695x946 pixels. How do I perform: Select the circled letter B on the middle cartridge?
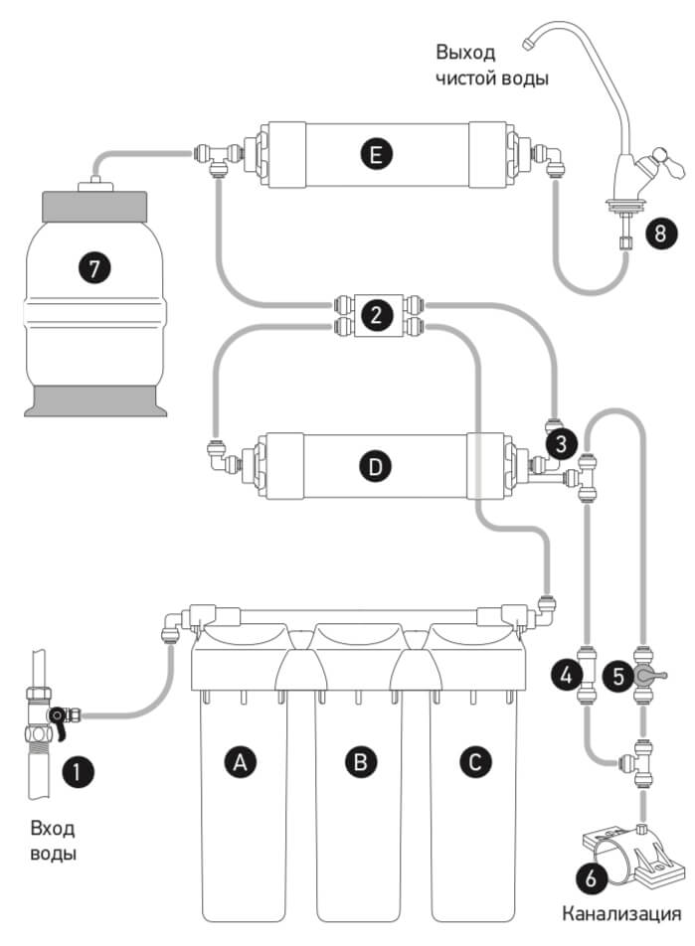coord(361,761)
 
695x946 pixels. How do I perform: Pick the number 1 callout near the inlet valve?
coord(78,769)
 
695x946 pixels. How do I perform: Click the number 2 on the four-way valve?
coord(376,316)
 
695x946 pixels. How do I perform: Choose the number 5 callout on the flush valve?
coord(618,677)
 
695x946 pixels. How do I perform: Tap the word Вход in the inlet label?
coord(53,829)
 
